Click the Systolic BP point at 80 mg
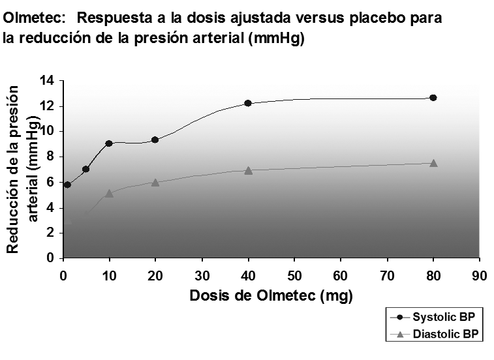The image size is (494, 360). (433, 98)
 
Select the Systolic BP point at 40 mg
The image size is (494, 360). (248, 103)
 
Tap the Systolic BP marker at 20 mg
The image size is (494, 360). (155, 140)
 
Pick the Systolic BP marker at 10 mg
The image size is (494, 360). (109, 143)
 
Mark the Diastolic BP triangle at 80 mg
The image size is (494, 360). (433, 163)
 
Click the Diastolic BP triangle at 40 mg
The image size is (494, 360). (248, 170)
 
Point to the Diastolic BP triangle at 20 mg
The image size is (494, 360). (155, 182)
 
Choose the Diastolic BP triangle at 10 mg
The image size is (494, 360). (109, 193)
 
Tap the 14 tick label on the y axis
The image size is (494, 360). (47, 81)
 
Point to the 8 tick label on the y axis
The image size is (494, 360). (51, 157)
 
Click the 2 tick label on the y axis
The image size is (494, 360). (51, 233)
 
